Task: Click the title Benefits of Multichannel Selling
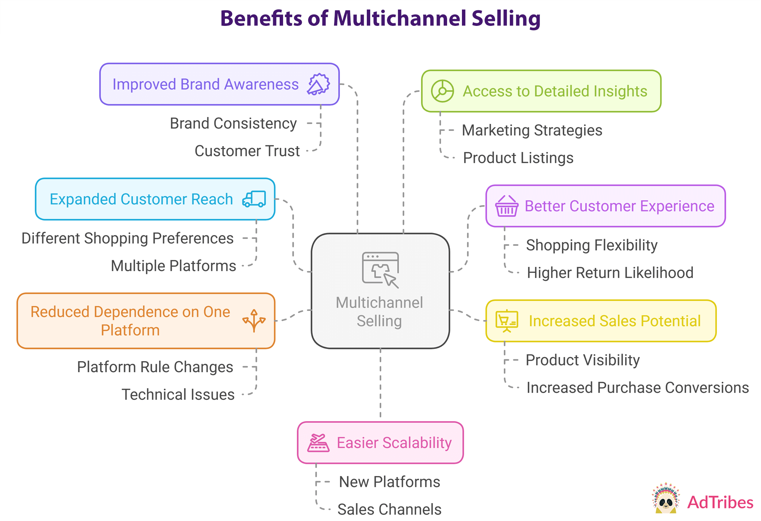coord(380,18)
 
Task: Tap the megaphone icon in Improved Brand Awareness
coord(318,84)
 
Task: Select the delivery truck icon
coord(254,199)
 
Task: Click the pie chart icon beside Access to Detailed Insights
coord(442,91)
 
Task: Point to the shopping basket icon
coord(506,206)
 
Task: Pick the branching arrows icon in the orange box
coord(254,321)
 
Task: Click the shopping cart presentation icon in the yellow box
coord(506,321)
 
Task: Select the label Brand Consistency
coord(233,124)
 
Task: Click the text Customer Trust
coord(247,151)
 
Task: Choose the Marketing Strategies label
coord(532,131)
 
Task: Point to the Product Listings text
coord(518,158)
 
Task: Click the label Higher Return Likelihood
coord(610,273)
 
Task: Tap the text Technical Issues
coord(178,395)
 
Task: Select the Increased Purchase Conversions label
coord(637,388)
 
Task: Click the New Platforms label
coord(389,482)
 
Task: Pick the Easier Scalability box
coord(380,443)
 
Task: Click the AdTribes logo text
coord(720,503)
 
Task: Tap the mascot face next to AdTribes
coord(665,502)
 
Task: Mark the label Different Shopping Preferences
coord(127,239)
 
